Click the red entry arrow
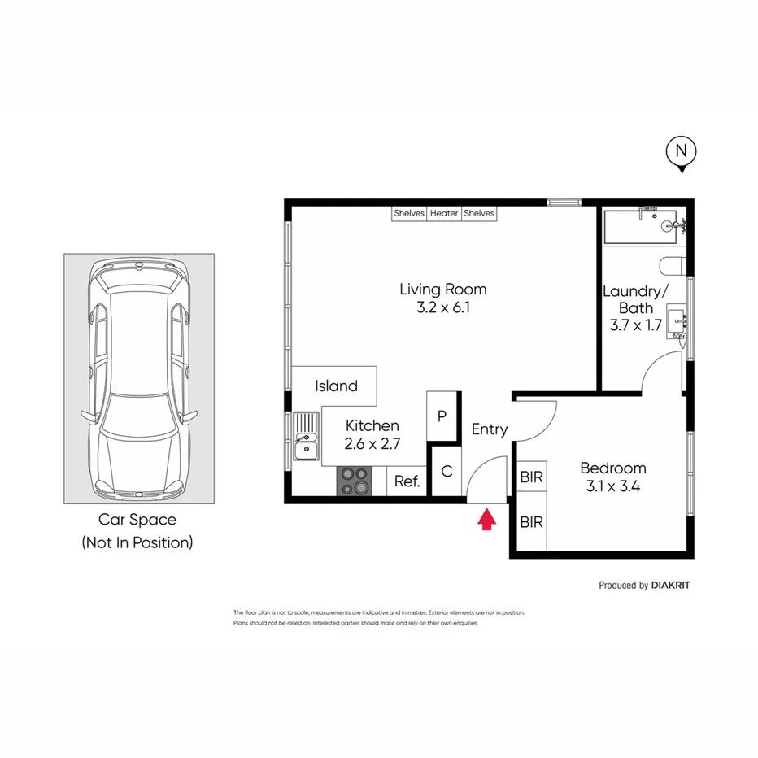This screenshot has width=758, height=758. (x=486, y=519)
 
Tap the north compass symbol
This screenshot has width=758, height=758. (x=682, y=152)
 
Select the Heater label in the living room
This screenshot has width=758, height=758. (x=444, y=213)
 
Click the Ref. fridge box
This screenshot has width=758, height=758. (x=407, y=481)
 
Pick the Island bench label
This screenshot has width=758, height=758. (x=336, y=386)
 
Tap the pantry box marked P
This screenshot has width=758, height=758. (x=442, y=416)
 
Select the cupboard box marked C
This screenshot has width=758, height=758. (x=447, y=471)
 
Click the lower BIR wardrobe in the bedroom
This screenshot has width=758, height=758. (x=531, y=522)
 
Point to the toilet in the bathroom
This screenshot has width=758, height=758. (x=673, y=267)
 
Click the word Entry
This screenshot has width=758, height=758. (x=490, y=429)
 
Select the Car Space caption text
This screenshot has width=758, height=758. (x=137, y=520)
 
